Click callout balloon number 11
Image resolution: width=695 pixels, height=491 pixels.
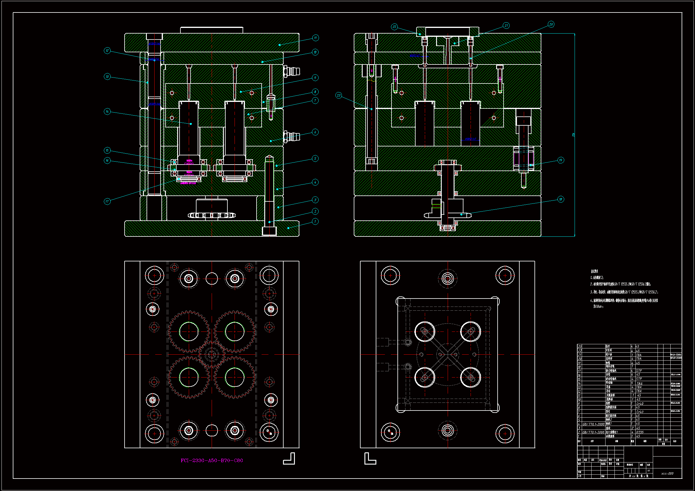[x=315, y=38]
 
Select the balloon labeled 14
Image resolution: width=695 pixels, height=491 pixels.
[x=107, y=112]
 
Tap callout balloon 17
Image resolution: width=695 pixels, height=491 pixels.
[x=107, y=201]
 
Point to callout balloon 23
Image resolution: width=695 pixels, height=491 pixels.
[x=338, y=96]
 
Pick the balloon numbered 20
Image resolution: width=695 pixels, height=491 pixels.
[x=551, y=24]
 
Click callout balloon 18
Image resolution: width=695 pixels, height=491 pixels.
[x=561, y=199]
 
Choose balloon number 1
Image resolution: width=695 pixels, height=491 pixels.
[x=315, y=222]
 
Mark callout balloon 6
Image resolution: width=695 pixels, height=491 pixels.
[x=315, y=132]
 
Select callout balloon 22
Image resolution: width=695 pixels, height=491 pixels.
[x=394, y=27]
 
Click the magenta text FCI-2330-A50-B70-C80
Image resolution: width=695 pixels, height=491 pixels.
[x=212, y=460]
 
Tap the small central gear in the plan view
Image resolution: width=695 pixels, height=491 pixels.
[x=212, y=354]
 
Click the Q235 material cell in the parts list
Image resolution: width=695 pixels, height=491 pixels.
[x=640, y=432]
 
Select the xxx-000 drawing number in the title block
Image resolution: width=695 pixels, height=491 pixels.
[x=667, y=473]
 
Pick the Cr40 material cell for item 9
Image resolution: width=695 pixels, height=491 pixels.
[x=640, y=404]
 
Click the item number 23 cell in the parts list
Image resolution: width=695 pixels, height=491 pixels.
[x=580, y=347]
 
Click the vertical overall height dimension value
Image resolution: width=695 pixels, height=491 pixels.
[x=573, y=135]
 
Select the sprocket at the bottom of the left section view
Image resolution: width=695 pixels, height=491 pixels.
[x=212, y=215]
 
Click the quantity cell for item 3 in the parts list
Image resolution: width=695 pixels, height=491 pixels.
[x=632, y=428]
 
